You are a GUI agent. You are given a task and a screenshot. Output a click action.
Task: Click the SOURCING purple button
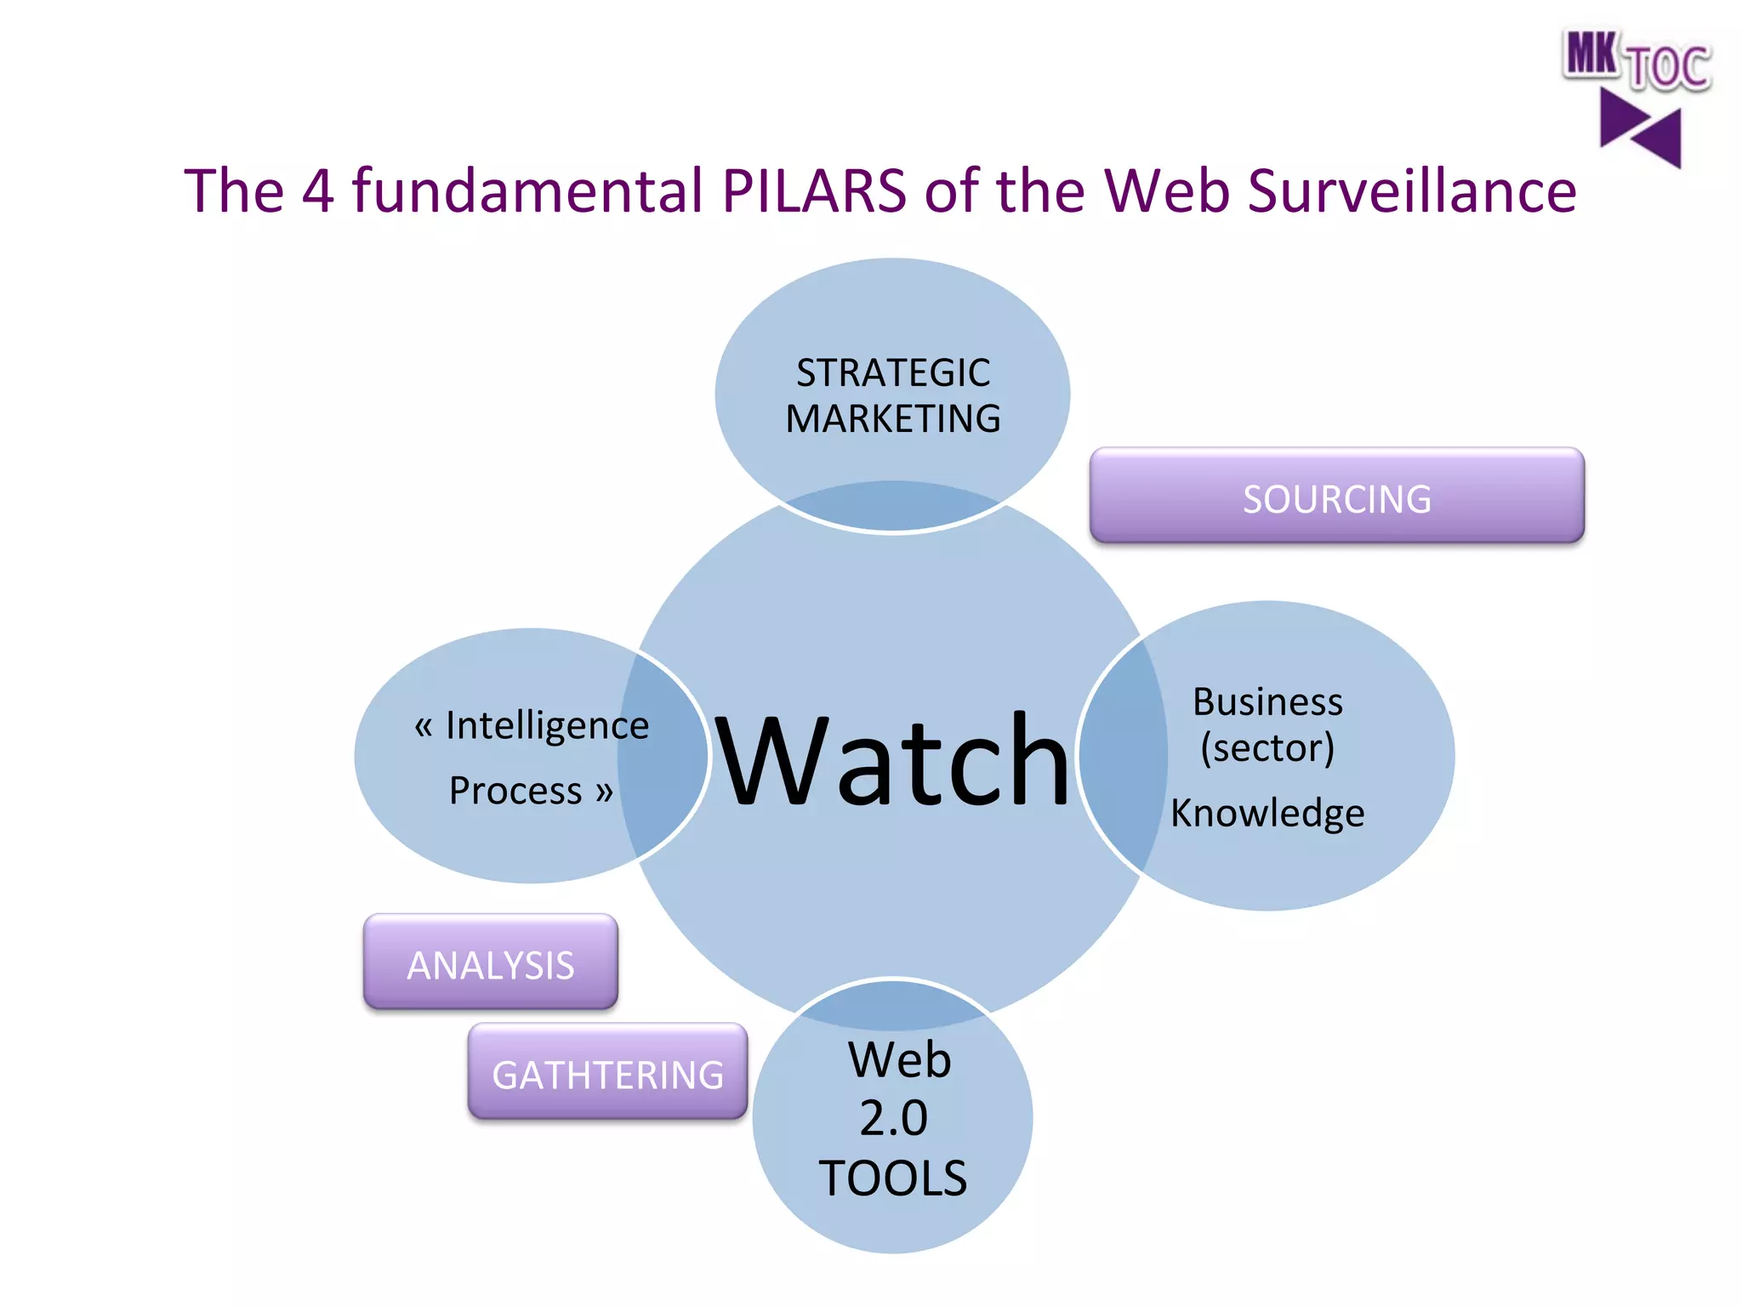1336,497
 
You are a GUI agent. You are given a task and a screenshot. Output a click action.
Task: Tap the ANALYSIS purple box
491,963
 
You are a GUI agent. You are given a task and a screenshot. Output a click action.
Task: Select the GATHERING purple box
607,1073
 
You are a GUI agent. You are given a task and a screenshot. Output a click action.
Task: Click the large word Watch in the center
891,759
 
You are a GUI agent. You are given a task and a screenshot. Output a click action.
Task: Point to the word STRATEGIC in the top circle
893,373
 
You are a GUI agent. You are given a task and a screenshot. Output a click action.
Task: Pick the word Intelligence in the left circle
547,726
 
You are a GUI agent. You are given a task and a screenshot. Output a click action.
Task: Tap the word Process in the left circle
515,791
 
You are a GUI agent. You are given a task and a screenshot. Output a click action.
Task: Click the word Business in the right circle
1267,702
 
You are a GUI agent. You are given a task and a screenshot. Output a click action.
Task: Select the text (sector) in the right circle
1267,748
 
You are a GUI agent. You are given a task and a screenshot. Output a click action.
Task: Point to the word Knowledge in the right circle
1267,813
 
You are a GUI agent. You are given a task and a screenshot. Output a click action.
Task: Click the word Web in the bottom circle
899,1059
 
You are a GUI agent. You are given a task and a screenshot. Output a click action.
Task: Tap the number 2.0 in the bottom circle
893,1117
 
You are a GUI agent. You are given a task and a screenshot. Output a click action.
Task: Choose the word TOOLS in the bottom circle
893,1178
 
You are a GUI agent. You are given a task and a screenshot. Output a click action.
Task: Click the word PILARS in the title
813,190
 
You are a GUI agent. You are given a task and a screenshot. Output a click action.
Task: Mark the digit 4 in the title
317,190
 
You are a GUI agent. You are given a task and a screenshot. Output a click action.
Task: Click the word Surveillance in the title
1412,190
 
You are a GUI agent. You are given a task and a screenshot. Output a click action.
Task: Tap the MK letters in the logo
1591,54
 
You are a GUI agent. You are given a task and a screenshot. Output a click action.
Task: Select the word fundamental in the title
527,190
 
